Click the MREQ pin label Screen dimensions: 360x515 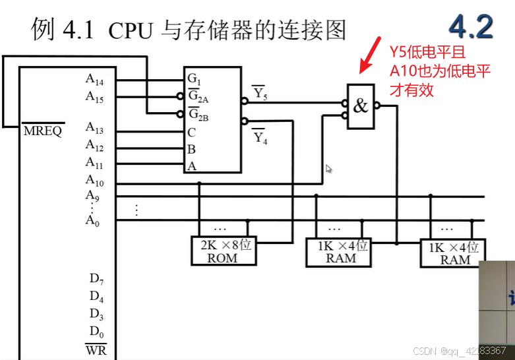click(44, 131)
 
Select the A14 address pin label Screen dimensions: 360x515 click(94, 79)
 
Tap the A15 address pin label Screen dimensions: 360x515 click(94, 96)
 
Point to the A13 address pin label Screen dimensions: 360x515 click(94, 127)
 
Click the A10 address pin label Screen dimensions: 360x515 click(94, 179)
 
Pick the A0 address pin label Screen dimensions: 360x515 click(92, 220)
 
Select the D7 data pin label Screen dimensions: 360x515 click(97, 278)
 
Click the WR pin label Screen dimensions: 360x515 click(96, 349)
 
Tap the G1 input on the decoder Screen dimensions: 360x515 click(193, 79)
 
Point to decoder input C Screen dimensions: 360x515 click(192, 132)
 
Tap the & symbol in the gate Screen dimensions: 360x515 click(360, 105)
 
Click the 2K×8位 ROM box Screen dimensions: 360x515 click(223, 251)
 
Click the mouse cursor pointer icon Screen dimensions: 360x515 click(329, 169)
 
